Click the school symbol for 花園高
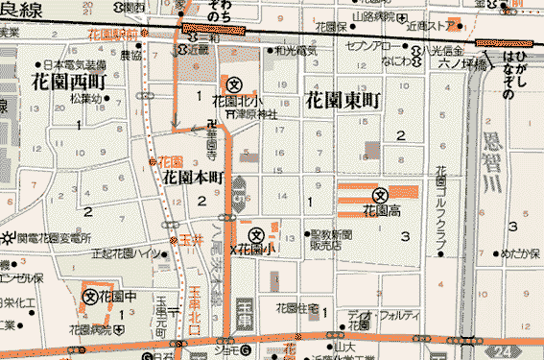380,193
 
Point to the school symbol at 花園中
90,298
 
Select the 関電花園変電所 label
53,237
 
